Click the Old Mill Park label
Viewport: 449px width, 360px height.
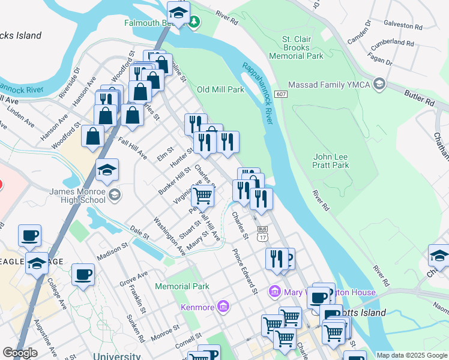(220, 89)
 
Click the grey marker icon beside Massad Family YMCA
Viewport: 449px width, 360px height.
(379, 84)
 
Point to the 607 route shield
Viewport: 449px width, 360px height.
(280, 95)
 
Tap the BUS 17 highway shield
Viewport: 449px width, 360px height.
(262, 233)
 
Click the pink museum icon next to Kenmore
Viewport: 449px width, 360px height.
(223, 308)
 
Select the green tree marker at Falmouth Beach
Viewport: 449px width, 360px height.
(193, 23)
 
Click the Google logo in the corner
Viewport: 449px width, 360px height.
(20, 353)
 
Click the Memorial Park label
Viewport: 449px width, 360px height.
(182, 286)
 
